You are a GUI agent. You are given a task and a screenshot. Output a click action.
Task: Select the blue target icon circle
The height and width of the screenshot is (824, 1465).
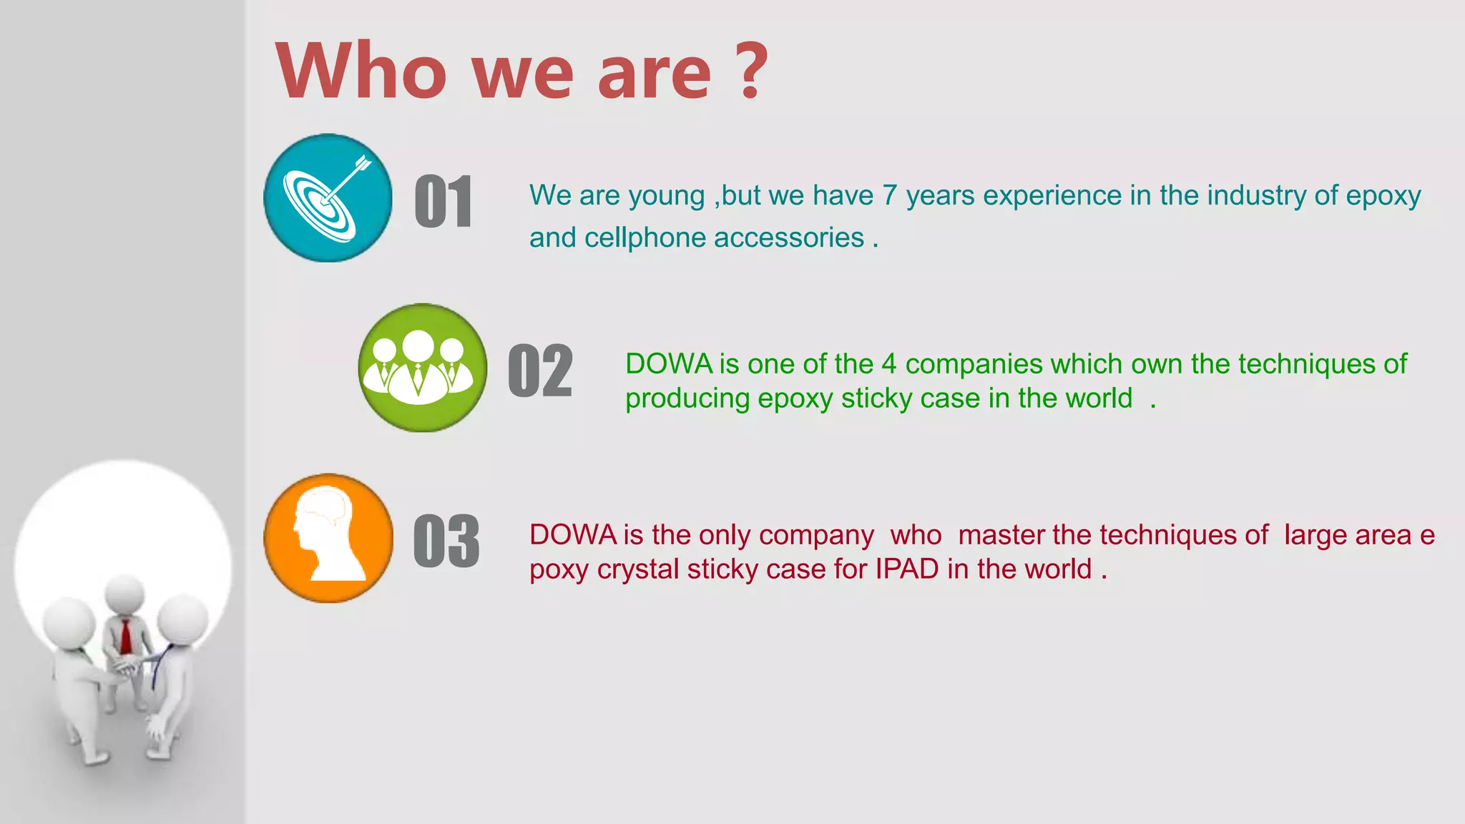pyautogui.click(x=328, y=197)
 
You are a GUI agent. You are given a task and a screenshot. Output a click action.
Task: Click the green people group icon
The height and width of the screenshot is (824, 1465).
pyautogui.click(x=422, y=368)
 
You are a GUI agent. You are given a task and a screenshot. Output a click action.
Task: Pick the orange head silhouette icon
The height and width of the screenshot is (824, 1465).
pyautogui.click(x=328, y=538)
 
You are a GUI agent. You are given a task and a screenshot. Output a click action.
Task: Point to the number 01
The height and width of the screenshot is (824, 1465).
pyautogui.click(x=444, y=202)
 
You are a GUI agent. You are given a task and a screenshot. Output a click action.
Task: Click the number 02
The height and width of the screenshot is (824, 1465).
pyautogui.click(x=540, y=371)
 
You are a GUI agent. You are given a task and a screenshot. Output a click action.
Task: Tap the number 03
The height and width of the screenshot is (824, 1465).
pyautogui.click(x=446, y=541)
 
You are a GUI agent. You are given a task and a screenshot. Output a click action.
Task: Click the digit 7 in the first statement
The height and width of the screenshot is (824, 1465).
pyautogui.click(x=889, y=195)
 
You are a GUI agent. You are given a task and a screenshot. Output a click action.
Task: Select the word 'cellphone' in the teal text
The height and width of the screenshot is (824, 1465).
pyautogui.click(x=645, y=237)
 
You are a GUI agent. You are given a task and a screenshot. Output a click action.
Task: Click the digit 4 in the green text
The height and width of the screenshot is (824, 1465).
pyautogui.click(x=888, y=364)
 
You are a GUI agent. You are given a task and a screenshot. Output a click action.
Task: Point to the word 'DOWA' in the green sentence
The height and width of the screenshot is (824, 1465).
pyautogui.click(x=669, y=364)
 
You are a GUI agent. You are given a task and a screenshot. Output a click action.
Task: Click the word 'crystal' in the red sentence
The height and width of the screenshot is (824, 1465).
pyautogui.click(x=638, y=569)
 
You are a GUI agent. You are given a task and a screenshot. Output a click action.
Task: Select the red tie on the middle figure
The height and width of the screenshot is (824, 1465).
pyautogui.click(x=126, y=636)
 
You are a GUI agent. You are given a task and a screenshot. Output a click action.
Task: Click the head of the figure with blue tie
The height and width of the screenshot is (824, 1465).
pyautogui.click(x=182, y=619)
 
